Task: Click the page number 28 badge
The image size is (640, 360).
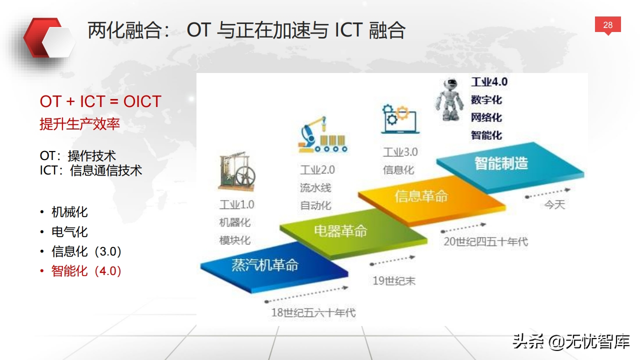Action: tap(607, 25)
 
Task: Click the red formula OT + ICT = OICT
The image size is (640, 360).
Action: tap(100, 101)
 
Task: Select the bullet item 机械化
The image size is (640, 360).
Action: tap(69, 212)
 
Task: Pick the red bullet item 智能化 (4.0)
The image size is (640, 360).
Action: tap(86, 271)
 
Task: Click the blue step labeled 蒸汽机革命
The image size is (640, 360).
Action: tap(274, 267)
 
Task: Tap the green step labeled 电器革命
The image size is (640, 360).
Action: tap(353, 233)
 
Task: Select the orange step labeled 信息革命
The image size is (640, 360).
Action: tap(432, 200)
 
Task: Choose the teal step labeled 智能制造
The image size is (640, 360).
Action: tap(510, 167)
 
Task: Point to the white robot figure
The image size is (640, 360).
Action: tap(449, 99)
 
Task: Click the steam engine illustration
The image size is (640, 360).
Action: tap(236, 171)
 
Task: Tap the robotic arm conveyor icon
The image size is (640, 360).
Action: tap(322, 134)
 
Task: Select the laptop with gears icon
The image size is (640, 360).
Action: tap(399, 119)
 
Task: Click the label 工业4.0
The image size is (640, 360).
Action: tap(489, 82)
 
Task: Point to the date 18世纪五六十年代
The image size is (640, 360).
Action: tap(313, 312)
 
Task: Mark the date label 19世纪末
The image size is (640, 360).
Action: tap(394, 281)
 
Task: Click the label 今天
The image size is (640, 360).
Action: tap(554, 205)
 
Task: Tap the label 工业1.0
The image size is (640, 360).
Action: tap(236, 204)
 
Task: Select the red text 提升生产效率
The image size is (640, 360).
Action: tap(79, 124)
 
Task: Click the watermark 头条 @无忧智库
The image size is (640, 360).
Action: tap(571, 341)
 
